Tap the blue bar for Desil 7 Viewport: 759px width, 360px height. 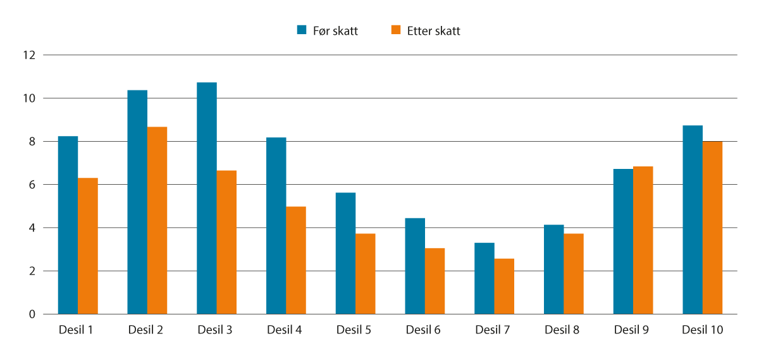pos(484,278)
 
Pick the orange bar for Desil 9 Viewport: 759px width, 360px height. pos(643,240)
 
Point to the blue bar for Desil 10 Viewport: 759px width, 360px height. pos(693,220)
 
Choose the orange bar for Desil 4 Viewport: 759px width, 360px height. pos(296,260)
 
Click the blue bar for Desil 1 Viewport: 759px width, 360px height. pos(68,225)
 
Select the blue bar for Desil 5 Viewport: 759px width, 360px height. pos(345,253)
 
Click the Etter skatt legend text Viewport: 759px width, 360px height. pos(433,31)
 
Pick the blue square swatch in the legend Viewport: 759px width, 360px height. pos(302,30)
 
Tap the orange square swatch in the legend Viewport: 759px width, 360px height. pos(396,30)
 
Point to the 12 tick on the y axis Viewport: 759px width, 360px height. pos(27,56)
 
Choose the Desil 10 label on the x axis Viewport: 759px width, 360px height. pos(702,330)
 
